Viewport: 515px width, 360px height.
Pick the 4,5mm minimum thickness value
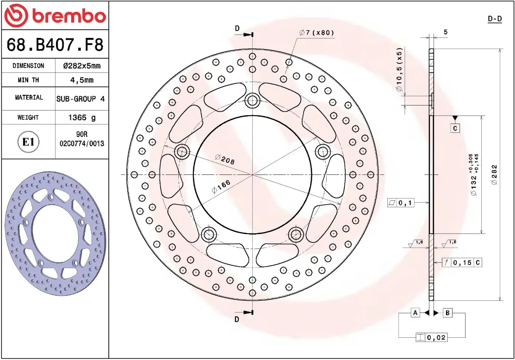[81, 80]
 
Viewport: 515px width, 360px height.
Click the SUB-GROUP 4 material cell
[81, 99]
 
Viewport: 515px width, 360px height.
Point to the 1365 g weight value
[82, 118]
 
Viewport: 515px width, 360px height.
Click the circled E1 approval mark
[29, 142]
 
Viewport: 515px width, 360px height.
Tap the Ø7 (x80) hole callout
[316, 33]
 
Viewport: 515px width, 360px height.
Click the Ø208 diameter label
[225, 160]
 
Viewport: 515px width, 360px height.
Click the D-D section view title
[495, 19]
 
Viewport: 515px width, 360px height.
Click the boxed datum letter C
[455, 128]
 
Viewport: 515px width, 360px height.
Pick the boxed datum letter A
[416, 313]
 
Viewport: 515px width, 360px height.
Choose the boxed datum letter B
[447, 313]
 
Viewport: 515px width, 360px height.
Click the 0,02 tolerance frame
[431, 337]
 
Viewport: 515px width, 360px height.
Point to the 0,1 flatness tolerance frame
[400, 202]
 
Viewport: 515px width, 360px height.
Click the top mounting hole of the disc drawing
[252, 99]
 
